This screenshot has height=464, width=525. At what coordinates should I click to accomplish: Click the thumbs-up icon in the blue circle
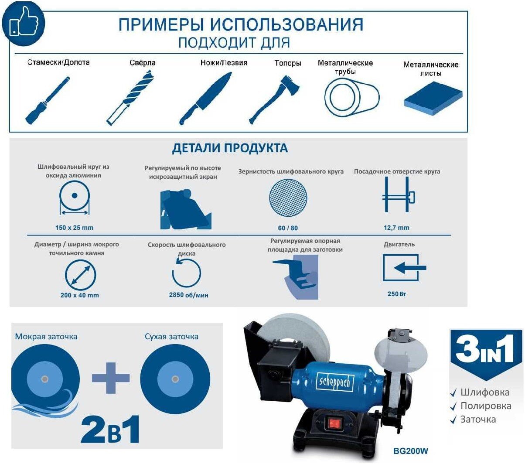tap(24, 21)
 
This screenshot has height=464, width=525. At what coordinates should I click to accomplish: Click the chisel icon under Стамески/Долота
tap(48, 100)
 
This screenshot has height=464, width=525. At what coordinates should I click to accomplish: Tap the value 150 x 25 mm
tap(74, 228)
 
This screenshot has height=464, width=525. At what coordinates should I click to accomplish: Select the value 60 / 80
tap(288, 228)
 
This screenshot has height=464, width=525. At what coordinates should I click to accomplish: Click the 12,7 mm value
tap(396, 228)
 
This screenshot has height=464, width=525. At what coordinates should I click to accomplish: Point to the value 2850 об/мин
tap(188, 295)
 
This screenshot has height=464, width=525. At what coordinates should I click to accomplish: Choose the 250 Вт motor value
tap(396, 293)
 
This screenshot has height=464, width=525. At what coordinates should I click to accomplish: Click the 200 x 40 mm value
tap(79, 295)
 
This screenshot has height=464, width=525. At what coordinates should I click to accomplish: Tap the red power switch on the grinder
tap(334, 423)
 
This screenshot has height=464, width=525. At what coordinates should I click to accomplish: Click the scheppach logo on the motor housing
tap(334, 382)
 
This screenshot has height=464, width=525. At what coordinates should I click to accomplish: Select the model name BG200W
tap(410, 451)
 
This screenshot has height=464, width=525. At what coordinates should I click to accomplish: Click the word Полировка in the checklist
tap(486, 406)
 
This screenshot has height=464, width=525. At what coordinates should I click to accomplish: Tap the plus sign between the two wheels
tap(111, 378)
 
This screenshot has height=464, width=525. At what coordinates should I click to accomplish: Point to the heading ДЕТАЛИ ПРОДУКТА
tap(230, 148)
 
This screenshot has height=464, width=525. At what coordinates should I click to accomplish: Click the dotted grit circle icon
tap(288, 198)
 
